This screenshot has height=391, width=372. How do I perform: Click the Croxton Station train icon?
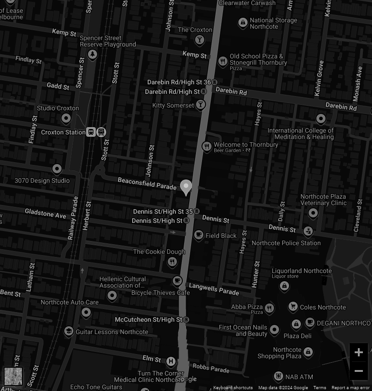(92, 132)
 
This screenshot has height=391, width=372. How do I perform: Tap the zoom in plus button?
(358, 352)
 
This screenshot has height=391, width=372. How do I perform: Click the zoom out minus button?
(358, 370)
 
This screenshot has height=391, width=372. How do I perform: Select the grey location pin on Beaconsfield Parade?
(186, 187)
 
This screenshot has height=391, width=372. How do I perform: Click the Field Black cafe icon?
(198, 235)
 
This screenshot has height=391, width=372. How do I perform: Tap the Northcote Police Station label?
(286, 243)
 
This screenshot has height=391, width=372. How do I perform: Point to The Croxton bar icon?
(199, 40)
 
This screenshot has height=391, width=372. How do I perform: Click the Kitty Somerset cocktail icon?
(200, 105)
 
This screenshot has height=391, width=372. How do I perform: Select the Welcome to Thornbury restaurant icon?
(207, 146)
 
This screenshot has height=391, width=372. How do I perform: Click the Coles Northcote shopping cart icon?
(293, 307)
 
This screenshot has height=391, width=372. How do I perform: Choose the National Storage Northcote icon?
(243, 22)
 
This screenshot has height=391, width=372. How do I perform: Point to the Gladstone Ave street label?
(46, 213)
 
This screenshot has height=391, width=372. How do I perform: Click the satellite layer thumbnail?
(13, 376)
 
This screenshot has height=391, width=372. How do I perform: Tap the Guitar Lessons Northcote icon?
(69, 331)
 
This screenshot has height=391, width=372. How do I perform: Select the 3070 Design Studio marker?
(57, 169)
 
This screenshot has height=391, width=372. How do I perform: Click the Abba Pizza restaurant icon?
(269, 308)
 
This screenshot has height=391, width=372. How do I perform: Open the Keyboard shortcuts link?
(233, 388)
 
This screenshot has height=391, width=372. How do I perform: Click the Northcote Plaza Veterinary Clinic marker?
(313, 213)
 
